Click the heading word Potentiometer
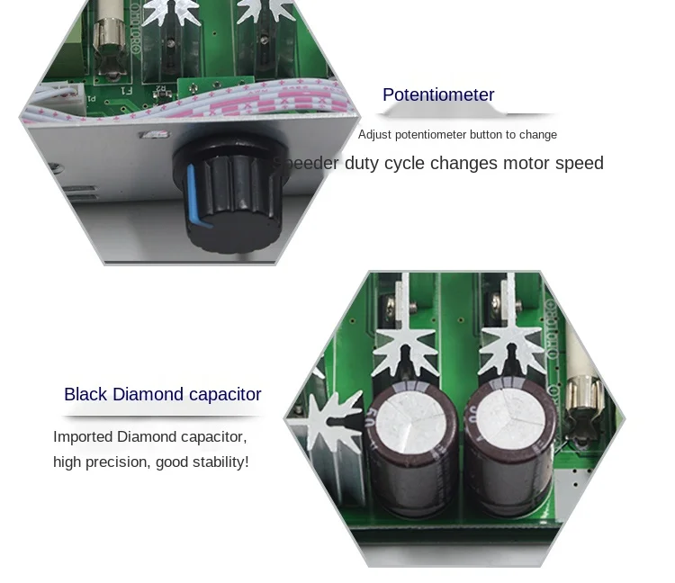pos(438,95)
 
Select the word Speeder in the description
pos(306,164)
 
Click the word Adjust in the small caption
pos(374,135)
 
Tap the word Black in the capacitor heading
pos(85,394)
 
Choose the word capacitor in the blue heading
pos(225,394)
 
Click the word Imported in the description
pos(83,437)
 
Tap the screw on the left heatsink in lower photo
pos(390,309)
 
